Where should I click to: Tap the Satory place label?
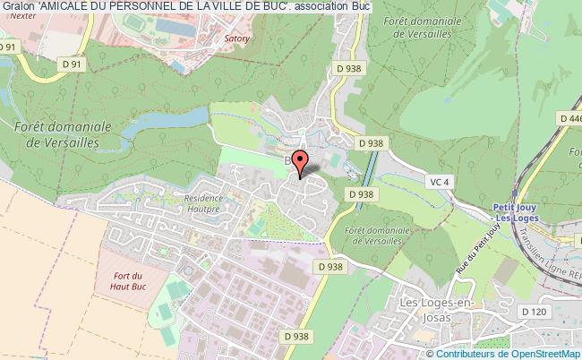coord(235,39)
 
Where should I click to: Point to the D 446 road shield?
coord(569,117)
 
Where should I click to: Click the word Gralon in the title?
coord(18,8)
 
